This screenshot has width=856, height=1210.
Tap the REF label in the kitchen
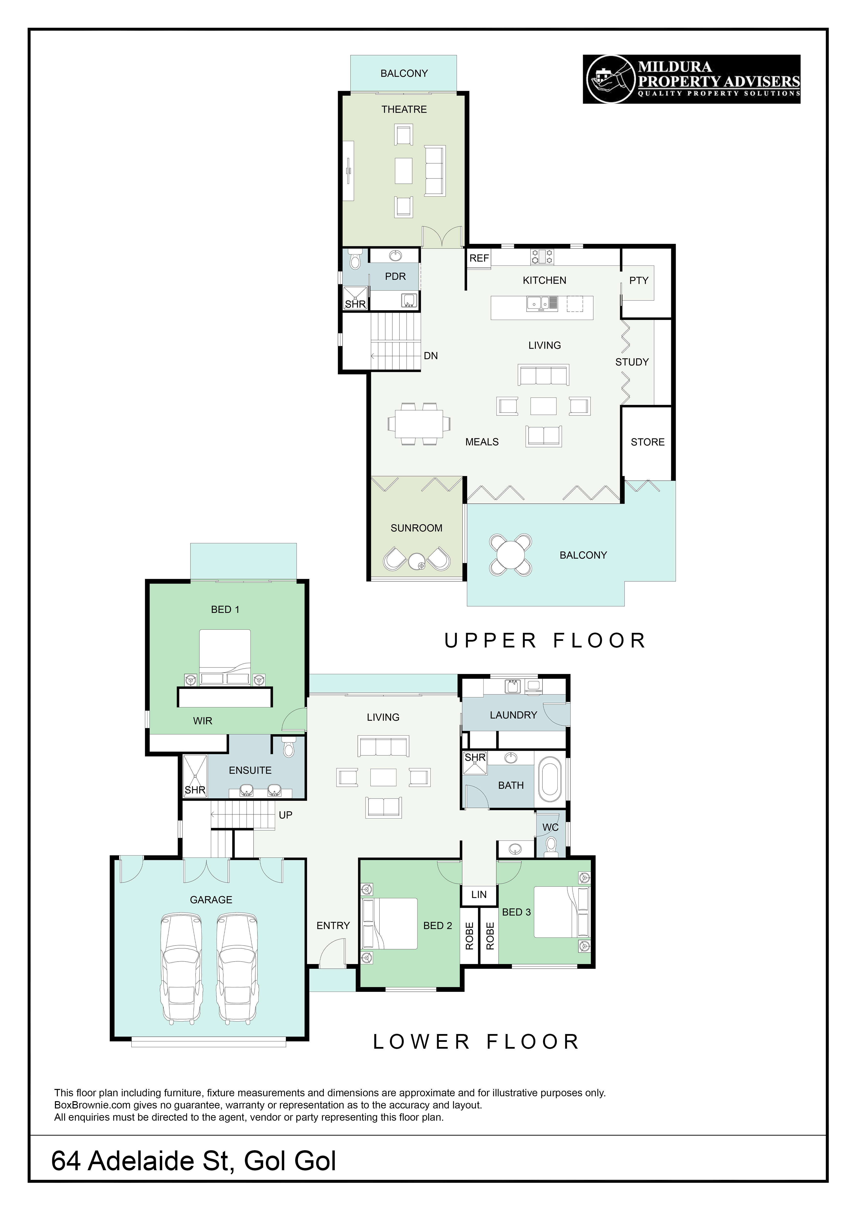[479, 258]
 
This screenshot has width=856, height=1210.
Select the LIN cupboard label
[479, 894]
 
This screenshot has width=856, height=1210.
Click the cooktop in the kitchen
[542, 257]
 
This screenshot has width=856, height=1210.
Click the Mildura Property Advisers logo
[691, 79]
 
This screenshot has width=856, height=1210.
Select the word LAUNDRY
[513, 715]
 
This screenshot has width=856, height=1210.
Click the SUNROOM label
[417, 528]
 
